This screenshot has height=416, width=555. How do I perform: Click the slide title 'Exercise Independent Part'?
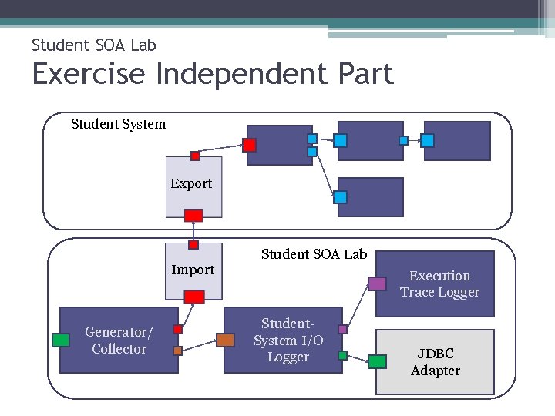pos(213,74)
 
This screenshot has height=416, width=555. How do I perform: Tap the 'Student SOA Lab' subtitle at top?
pos(93,45)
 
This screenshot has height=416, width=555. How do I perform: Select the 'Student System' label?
pos(118,124)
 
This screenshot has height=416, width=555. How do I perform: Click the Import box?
pos(193,270)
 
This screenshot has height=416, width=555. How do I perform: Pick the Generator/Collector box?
pos(119,341)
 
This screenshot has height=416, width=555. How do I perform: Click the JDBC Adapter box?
pos(435,362)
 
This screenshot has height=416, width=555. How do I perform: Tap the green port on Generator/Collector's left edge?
pos(61,340)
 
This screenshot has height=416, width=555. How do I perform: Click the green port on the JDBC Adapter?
pos(377,361)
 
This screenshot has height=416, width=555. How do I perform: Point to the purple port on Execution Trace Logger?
pos(377,283)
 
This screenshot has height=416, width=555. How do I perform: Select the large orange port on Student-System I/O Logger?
pos(225,340)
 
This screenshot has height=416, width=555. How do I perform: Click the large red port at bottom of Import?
pos(194,297)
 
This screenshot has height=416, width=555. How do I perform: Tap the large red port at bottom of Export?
pos(194,215)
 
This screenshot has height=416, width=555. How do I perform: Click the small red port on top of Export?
pos(195,156)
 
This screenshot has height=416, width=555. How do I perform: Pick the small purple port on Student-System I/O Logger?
pos(343,329)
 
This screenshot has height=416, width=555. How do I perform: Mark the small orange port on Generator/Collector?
pos(177,351)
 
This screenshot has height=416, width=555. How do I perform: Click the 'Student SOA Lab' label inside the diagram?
pos(314,254)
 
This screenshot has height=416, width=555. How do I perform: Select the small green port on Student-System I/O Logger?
pos(343,356)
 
